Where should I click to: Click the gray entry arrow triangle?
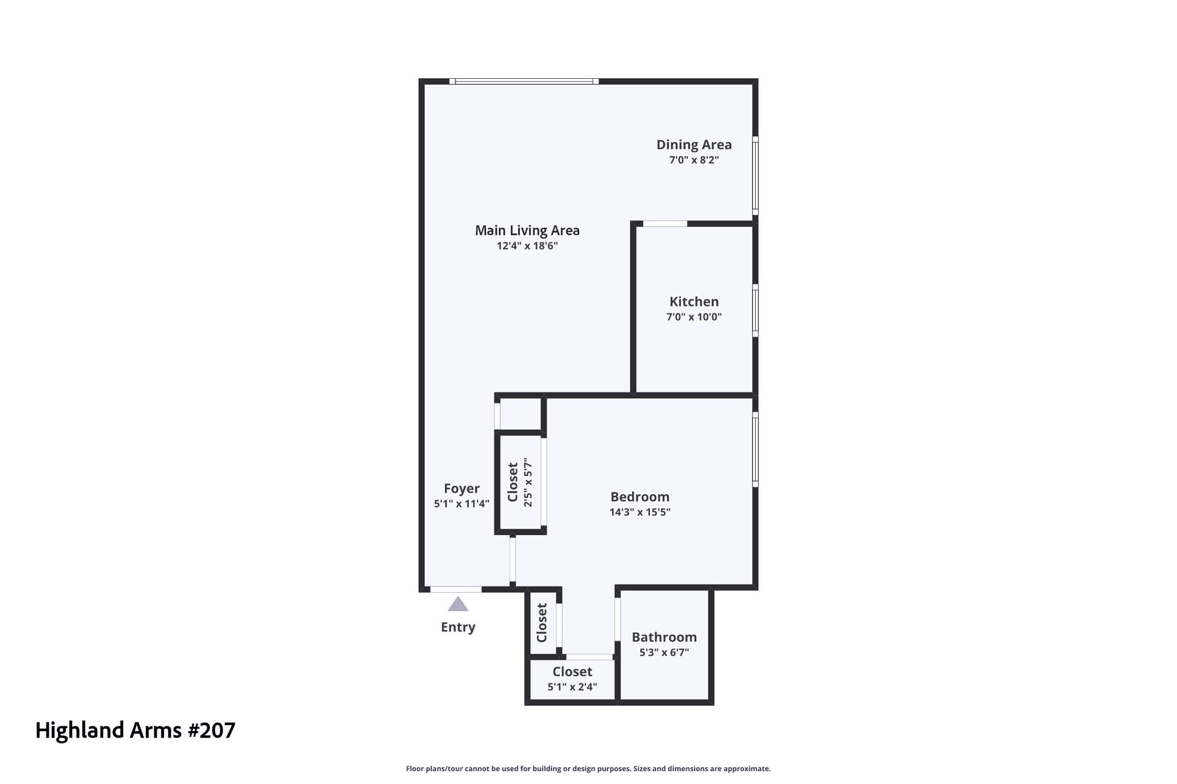[458, 604]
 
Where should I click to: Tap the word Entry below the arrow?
[458, 628]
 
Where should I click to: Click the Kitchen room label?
[694, 302]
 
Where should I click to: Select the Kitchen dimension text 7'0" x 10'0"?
[694, 317]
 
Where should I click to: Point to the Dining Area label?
[694, 145]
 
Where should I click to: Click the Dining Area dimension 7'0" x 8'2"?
[694, 160]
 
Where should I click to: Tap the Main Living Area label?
[527, 231]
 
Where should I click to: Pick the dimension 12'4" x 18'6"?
[527, 246]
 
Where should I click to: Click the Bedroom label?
[640, 497]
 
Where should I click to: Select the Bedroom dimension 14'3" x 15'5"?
[640, 512]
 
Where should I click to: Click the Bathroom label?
[664, 637]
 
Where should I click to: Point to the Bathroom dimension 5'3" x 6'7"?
[664, 652]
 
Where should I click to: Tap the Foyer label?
[461, 489]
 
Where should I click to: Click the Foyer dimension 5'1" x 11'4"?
[461, 504]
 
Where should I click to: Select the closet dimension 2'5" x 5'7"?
[528, 482]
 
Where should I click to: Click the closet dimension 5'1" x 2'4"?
[572, 687]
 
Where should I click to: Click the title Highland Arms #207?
[135, 730]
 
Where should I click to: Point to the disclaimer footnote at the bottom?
[588, 769]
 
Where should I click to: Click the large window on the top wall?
[524, 81]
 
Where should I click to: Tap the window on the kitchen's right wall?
[755, 311]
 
